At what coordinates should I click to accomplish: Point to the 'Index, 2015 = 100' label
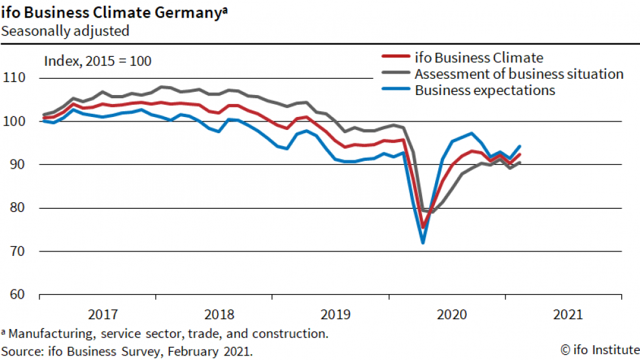[97, 61]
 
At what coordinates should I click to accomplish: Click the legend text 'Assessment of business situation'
[519, 74]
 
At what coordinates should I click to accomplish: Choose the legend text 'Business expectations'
[485, 90]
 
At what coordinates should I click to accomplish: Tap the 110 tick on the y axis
[14, 78]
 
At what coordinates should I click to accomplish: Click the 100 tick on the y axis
[14, 122]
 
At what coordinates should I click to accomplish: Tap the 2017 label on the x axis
[103, 315]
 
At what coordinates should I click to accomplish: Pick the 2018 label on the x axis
[219, 315]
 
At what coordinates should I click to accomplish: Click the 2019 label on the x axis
[336, 315]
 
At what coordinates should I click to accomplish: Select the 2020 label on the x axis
[452, 315]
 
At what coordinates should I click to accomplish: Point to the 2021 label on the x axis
[568, 315]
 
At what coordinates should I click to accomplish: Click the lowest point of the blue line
[423, 242]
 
